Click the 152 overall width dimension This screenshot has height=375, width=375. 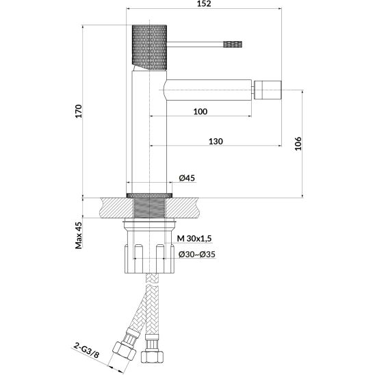[205, 3]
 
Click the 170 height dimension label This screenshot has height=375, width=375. [79, 111]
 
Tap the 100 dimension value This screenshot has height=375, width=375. [201, 112]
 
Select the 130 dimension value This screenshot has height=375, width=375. [216, 142]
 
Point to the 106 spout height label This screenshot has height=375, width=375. [298, 144]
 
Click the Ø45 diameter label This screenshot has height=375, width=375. [187, 178]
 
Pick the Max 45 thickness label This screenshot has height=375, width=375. [79, 235]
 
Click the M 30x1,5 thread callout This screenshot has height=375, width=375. [194, 238]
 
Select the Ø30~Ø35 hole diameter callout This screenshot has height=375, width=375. [197, 255]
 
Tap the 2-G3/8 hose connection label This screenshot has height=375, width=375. [86, 350]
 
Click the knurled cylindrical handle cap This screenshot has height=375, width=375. [149, 47]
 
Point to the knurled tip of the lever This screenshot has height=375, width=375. [233, 44]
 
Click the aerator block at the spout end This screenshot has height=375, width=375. [268, 90]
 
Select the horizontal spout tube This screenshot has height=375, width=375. [207, 90]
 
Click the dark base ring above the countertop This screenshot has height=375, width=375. [149, 196]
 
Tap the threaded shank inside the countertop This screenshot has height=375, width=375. [149, 208]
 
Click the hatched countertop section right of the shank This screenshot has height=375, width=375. [182, 208]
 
